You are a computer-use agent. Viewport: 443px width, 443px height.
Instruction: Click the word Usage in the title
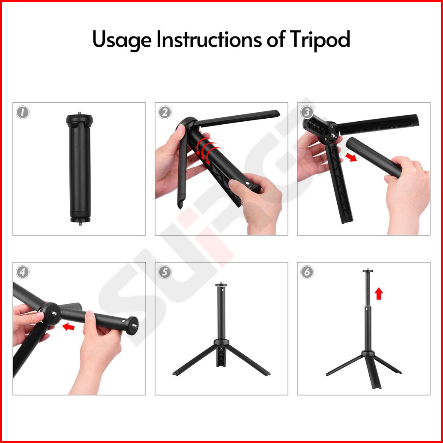point(122,40)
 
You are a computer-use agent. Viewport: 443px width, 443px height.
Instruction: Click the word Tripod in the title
point(320,39)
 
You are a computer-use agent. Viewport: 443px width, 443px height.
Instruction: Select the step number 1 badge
point(23,113)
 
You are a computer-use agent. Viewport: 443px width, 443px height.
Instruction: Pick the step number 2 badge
point(165,113)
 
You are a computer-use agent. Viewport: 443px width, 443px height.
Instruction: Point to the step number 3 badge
point(307,113)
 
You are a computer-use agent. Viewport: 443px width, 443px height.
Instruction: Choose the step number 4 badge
point(23,272)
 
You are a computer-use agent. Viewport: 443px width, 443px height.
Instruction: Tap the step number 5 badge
point(165,272)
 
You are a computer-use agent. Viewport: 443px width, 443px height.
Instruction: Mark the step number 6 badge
point(307,272)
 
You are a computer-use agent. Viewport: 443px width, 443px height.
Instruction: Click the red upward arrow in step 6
point(379,294)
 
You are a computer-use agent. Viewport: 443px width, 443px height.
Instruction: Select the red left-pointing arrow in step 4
point(69,327)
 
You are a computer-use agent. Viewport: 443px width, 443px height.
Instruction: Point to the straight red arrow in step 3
point(351,157)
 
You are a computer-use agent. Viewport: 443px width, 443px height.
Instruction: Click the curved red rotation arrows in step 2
point(207,150)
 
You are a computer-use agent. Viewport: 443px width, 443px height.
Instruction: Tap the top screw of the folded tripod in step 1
point(79,113)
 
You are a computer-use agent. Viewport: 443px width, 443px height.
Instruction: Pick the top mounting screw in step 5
point(221,283)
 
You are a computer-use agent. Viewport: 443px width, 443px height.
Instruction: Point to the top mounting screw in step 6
point(368,269)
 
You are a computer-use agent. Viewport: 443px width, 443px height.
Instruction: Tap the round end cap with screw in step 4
point(132,326)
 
